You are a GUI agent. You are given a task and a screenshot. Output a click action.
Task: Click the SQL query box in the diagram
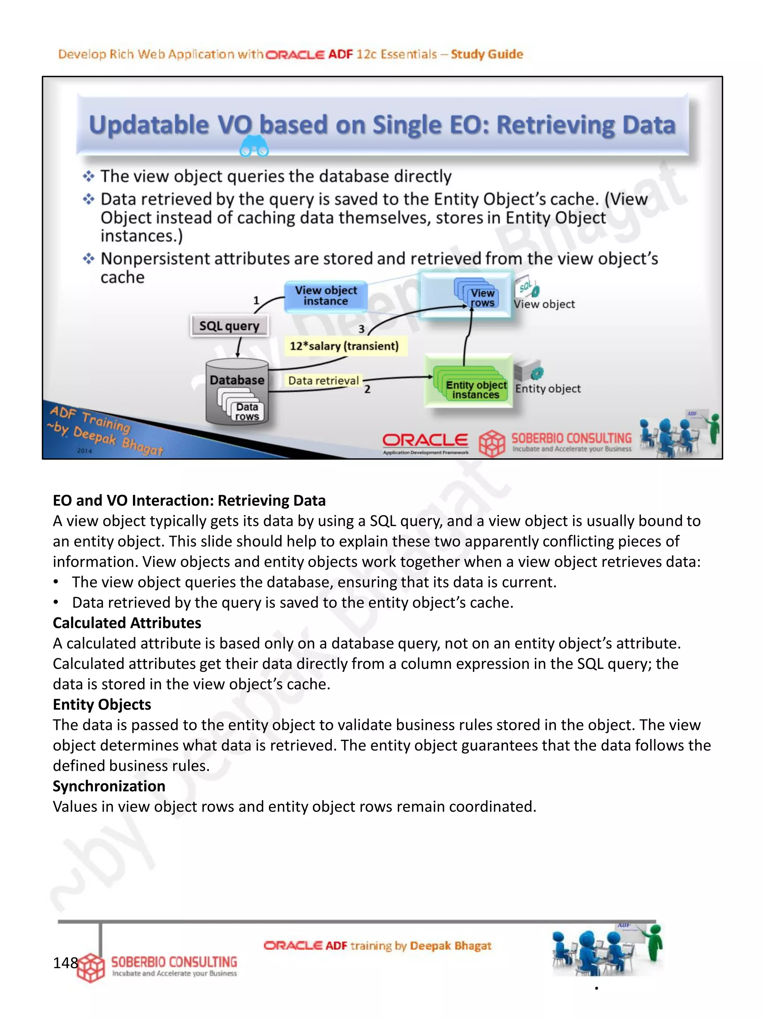tap(229, 326)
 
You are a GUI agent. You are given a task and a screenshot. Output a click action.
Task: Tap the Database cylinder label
tap(237, 380)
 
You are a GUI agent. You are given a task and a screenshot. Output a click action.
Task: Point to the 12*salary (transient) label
tap(344, 346)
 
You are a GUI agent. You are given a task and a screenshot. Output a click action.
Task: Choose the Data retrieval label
tap(323, 381)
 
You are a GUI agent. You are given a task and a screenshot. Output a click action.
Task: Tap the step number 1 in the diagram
tap(256, 300)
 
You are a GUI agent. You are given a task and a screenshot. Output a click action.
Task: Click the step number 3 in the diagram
tap(362, 329)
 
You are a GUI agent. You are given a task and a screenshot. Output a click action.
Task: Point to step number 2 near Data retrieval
tap(367, 389)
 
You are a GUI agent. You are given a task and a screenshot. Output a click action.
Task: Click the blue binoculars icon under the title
tap(254, 148)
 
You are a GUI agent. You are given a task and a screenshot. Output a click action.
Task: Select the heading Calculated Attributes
tap(127, 623)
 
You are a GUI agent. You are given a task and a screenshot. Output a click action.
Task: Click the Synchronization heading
tap(109, 786)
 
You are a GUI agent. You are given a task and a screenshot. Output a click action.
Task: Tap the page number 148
tap(65, 963)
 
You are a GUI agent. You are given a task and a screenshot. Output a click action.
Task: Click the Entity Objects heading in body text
tap(102, 705)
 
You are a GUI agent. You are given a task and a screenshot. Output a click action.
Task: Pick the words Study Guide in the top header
tap(487, 55)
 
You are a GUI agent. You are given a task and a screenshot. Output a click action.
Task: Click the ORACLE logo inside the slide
tap(425, 441)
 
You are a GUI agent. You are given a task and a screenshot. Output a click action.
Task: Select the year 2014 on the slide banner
tap(84, 450)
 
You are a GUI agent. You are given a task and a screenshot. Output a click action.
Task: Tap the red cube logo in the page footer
tap(91, 967)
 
